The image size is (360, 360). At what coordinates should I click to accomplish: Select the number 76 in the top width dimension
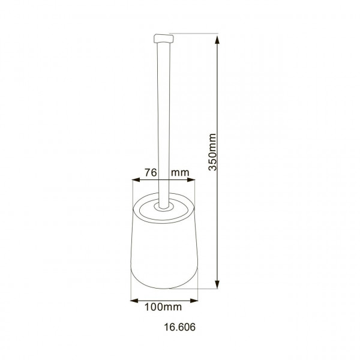[151, 172]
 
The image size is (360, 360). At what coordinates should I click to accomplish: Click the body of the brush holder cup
[164, 252]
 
